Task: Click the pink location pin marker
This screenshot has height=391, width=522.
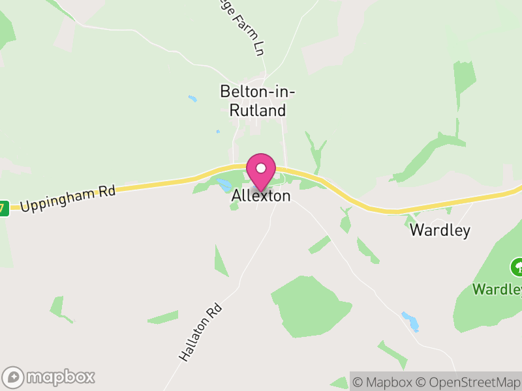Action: (x=261, y=171)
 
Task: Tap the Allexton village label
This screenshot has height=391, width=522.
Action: (x=261, y=195)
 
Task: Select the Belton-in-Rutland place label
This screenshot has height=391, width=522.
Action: (x=258, y=102)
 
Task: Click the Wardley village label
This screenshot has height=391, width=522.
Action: (x=440, y=231)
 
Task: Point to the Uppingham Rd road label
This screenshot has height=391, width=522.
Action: (x=67, y=198)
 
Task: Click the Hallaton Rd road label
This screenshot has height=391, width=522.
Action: (x=200, y=332)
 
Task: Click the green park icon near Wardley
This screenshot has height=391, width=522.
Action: (x=517, y=267)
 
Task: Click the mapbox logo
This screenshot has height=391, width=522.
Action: (x=50, y=377)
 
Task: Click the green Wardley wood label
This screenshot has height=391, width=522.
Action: (x=498, y=289)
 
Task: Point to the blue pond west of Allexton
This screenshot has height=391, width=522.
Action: (x=223, y=183)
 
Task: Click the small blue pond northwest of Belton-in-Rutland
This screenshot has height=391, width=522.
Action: (x=192, y=99)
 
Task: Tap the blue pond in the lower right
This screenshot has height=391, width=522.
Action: (x=410, y=321)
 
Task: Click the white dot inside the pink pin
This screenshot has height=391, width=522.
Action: (x=261, y=167)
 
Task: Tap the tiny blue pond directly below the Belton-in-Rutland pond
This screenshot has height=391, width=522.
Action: (x=218, y=132)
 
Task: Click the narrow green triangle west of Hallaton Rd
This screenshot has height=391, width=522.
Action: (x=221, y=261)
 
